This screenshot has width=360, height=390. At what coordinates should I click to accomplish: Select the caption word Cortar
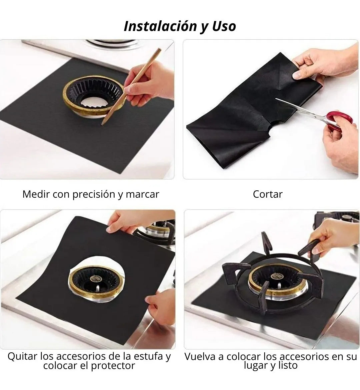tap(268, 194)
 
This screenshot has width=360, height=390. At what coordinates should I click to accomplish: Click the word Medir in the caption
tap(36, 194)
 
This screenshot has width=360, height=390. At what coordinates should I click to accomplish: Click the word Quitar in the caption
tap(22, 356)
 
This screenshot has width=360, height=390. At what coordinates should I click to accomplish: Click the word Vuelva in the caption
tap(200, 356)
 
